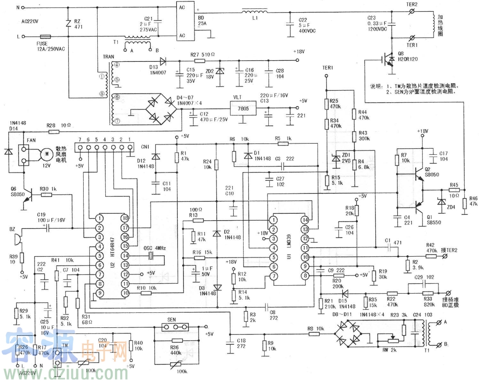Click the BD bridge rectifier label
(x=202, y=19)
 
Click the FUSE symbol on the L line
(x=45, y=36)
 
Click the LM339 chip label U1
(x=289, y=254)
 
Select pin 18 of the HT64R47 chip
(x=125, y=218)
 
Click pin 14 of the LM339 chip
(x=305, y=219)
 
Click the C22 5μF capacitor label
(x=303, y=22)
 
